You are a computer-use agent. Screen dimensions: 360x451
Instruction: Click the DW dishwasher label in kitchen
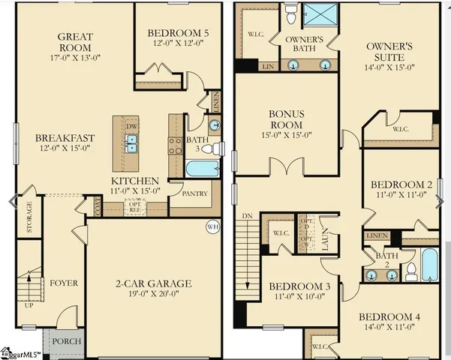(x=132, y=127)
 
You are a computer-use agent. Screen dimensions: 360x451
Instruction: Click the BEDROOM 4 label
(x=388, y=316)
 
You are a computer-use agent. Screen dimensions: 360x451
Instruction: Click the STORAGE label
(x=29, y=217)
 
